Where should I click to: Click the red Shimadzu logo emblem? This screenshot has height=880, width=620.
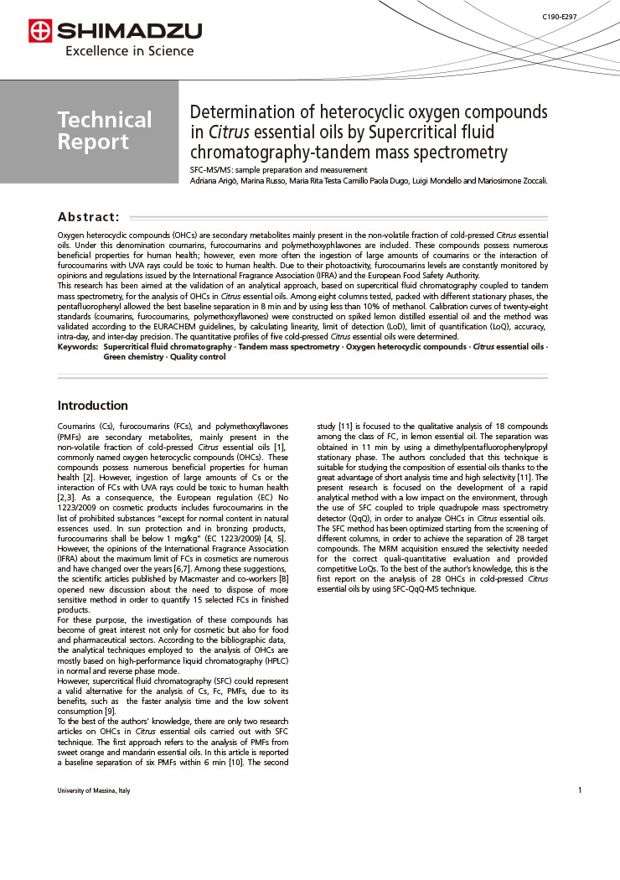click(39, 32)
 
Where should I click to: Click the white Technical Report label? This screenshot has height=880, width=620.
click(105, 131)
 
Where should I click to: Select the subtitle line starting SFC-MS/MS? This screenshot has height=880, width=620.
click(278, 170)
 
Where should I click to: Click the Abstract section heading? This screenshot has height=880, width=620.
click(88, 216)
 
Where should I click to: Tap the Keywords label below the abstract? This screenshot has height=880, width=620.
click(77, 346)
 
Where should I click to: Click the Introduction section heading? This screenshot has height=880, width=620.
click(92, 406)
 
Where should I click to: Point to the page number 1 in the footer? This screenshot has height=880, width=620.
click(579, 790)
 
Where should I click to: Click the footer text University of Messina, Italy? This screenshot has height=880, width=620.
click(94, 790)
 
